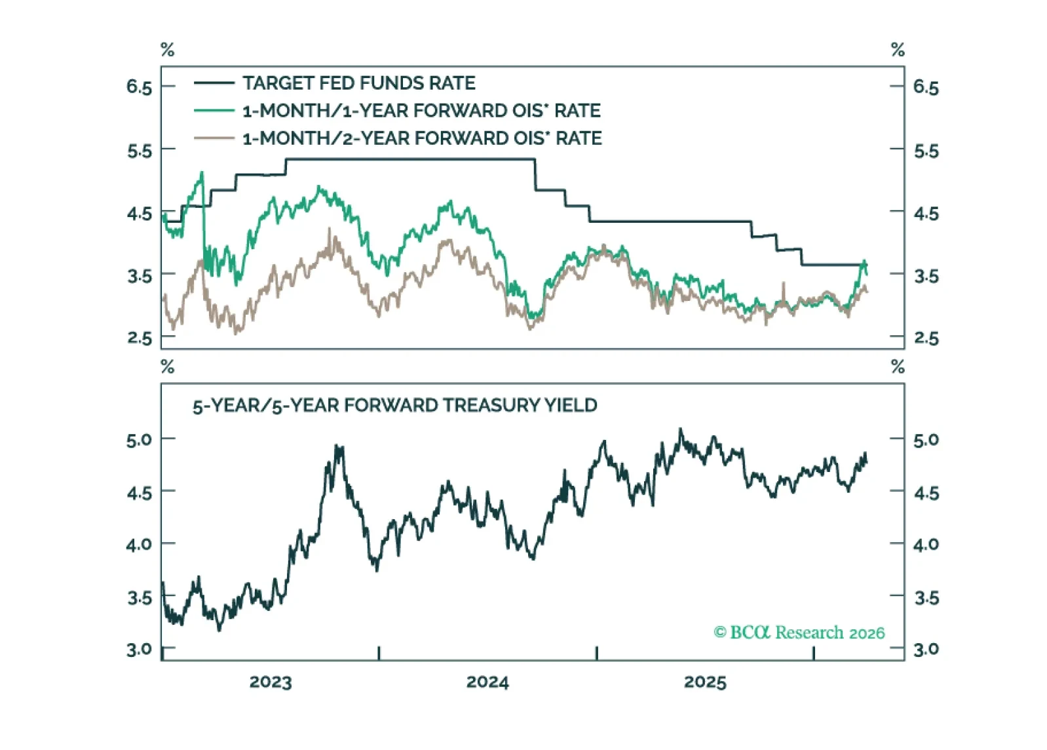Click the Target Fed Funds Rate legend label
click(359, 83)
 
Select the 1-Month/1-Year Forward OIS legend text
click(421, 111)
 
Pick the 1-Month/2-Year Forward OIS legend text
click(422, 138)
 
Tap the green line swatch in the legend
click(214, 111)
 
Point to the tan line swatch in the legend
click(214, 138)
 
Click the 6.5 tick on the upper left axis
click(139, 87)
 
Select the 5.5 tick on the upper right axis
click(926, 151)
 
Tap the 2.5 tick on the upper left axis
click(139, 338)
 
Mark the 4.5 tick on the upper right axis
click(926, 214)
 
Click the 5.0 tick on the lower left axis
click(139, 440)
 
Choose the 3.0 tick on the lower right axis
click(926, 650)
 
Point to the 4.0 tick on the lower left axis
click(139, 545)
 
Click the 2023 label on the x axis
click(271, 682)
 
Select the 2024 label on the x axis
click(487, 682)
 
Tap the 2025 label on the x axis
click(705, 682)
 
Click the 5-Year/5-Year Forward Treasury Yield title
click(394, 406)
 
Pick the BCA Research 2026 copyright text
click(799, 633)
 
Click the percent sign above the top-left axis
click(168, 50)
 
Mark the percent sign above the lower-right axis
click(898, 366)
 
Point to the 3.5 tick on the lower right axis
click(926, 598)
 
